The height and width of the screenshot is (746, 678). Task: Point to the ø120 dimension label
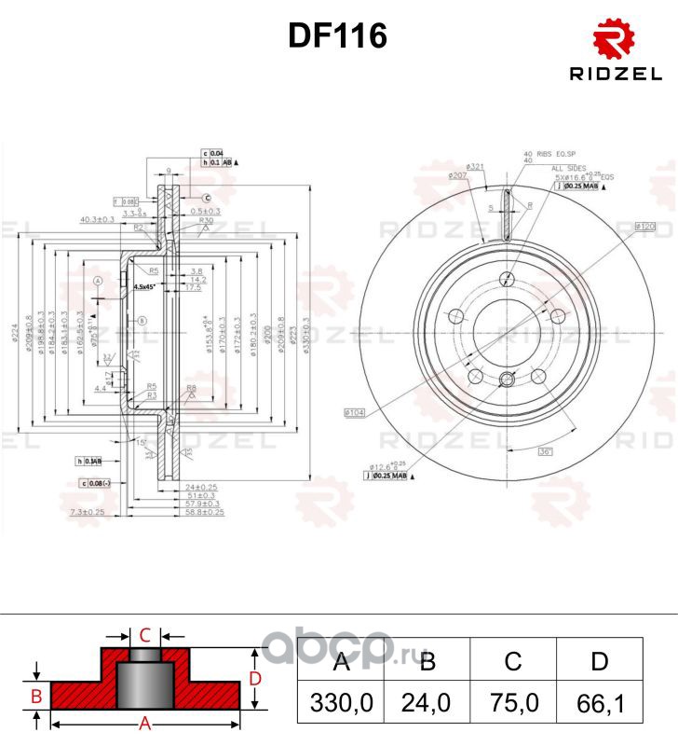point(645,227)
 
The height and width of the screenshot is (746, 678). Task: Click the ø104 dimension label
point(354,411)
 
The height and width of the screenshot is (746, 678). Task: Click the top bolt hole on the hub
point(507,279)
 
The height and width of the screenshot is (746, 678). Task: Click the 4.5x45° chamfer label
point(145,286)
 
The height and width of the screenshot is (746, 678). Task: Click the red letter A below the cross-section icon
point(145,723)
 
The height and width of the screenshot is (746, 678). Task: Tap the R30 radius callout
point(179,221)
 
